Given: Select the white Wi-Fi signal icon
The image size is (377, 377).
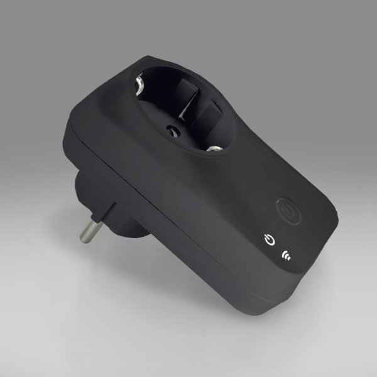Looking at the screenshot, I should (288, 254).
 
